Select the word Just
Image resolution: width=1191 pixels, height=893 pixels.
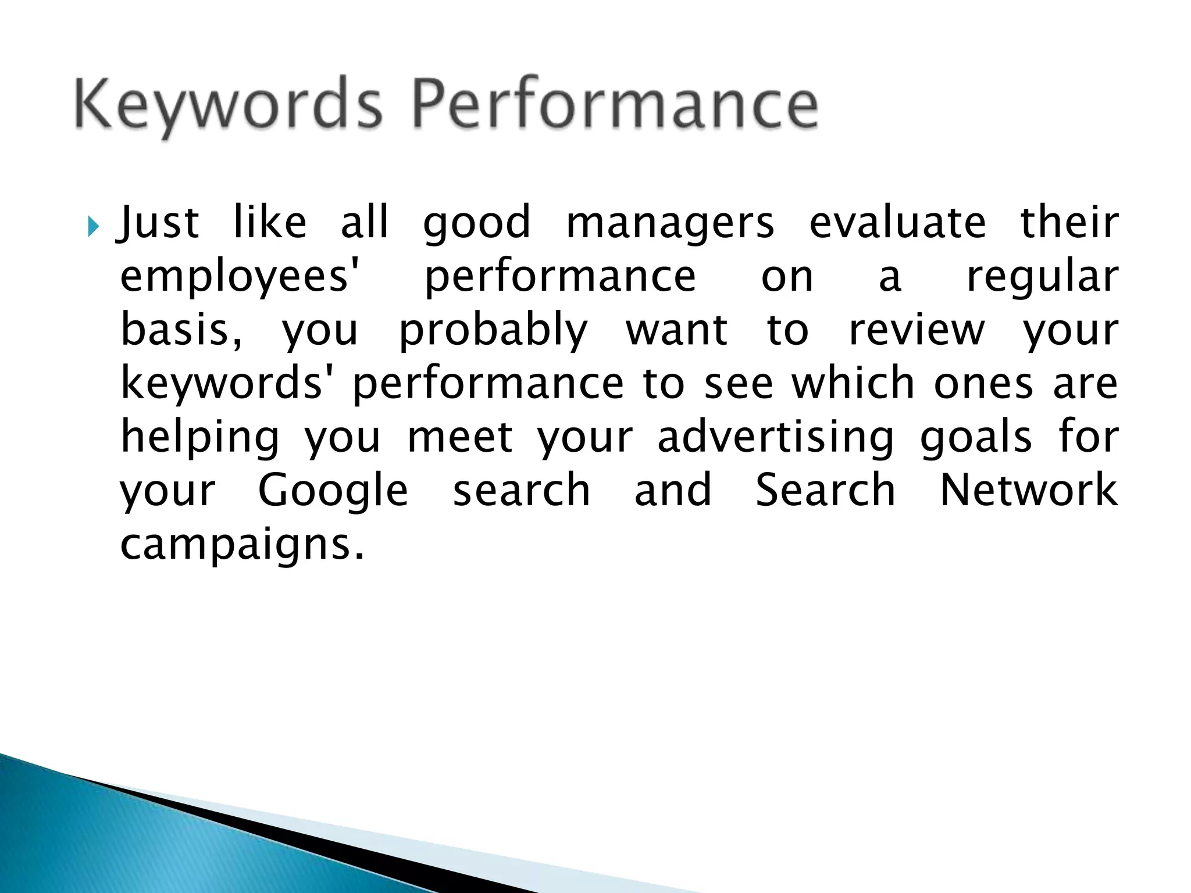pos(159,223)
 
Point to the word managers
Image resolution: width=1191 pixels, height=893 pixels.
pos(670,224)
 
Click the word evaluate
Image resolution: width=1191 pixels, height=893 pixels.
pos(897,223)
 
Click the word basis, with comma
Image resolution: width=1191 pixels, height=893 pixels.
pos(181,330)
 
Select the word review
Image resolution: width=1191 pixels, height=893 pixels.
pos(917,330)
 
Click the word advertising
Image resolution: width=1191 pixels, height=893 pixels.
pos(776,437)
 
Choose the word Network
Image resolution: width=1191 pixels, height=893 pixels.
pos(1028,491)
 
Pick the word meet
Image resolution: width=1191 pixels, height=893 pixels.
pos(459,437)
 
